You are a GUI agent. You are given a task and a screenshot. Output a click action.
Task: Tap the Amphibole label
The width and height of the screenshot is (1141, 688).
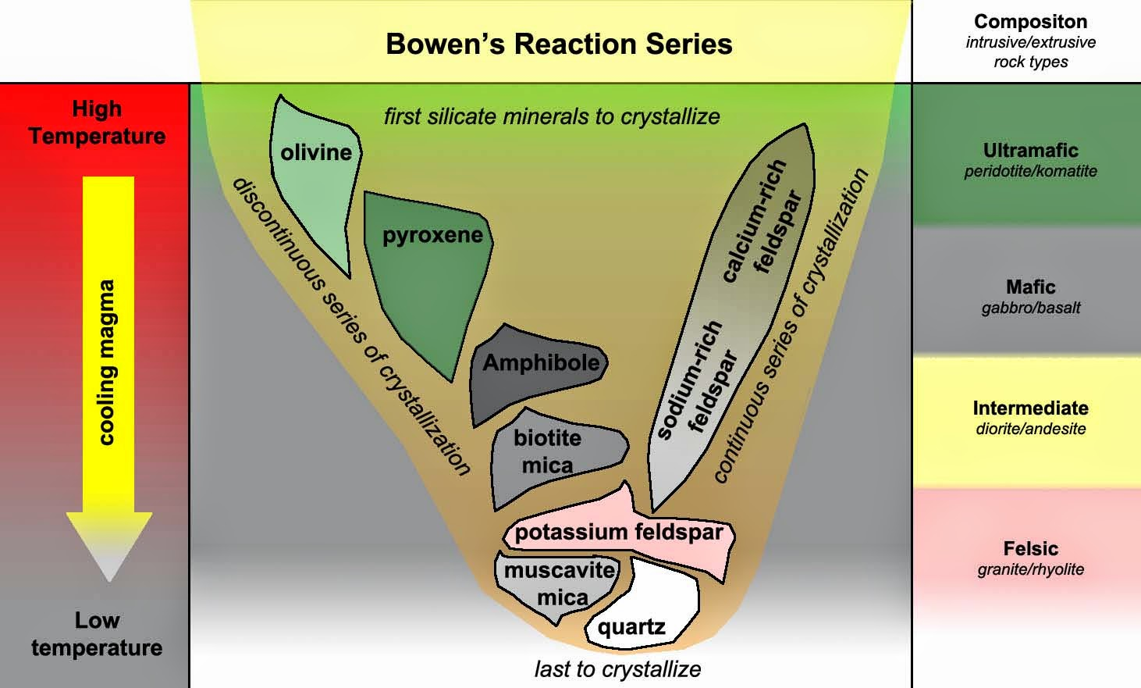pyautogui.click(x=541, y=362)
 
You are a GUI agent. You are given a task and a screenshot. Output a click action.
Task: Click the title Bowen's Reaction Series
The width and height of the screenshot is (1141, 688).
pyautogui.click(x=559, y=44)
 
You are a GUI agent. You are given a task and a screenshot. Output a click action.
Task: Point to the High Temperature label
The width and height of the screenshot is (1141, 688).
pyautogui.click(x=97, y=122)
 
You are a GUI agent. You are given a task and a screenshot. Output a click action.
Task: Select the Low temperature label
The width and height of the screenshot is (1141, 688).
pyautogui.click(x=97, y=634)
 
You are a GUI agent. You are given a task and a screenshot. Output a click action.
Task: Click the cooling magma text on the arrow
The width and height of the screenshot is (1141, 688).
pyautogui.click(x=107, y=362)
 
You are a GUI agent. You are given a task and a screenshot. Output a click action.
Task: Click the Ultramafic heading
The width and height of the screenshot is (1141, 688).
pyautogui.click(x=1030, y=150)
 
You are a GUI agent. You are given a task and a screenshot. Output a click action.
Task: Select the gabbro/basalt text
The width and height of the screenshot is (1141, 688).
pyautogui.click(x=1030, y=308)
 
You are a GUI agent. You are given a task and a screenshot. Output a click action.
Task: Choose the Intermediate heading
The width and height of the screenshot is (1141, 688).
pyautogui.click(x=1030, y=408)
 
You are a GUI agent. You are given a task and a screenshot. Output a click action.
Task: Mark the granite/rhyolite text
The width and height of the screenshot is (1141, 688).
pyautogui.click(x=1030, y=569)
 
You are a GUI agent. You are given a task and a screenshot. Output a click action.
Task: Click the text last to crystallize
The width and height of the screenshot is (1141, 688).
pyautogui.click(x=617, y=669)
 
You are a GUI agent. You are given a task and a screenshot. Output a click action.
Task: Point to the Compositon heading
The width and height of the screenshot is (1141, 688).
pyautogui.click(x=1030, y=22)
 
